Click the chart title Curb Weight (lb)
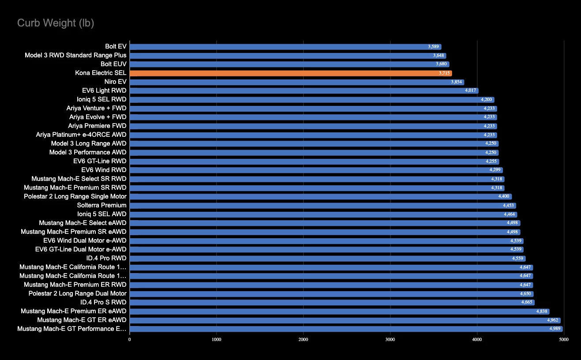56,23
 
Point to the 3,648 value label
439,56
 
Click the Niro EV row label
115,82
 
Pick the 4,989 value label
555,329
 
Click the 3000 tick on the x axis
390,339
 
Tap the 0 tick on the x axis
130,339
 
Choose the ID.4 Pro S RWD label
103,302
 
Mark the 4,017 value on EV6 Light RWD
471,91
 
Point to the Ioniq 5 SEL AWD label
102,214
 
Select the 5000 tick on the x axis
563,339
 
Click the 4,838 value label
542,311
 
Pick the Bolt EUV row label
113,64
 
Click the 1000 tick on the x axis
216,339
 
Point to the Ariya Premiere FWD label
97,126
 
